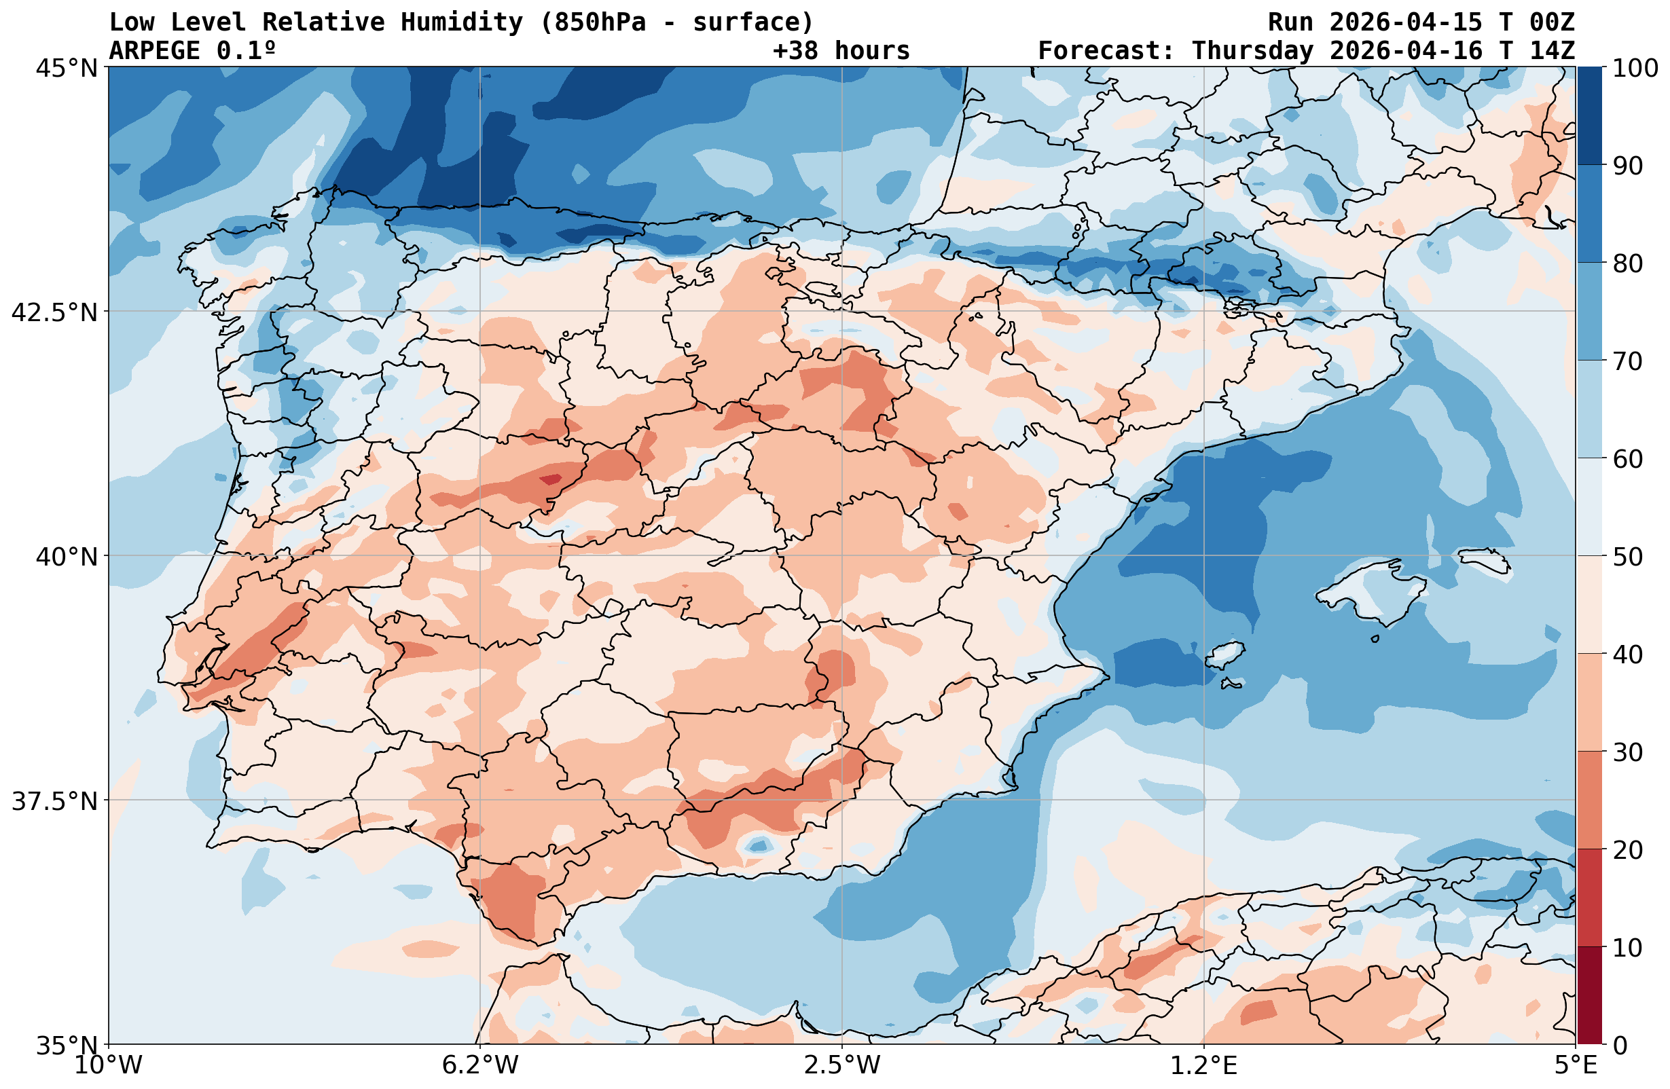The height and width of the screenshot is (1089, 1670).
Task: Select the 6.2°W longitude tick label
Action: tap(480, 1065)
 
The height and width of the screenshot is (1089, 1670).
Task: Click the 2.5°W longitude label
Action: tap(842, 1065)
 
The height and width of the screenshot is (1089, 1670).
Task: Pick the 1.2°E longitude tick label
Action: tap(1203, 1065)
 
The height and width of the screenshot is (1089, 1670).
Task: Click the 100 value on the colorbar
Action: tap(1635, 68)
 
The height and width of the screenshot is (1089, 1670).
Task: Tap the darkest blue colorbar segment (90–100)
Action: tap(1589, 116)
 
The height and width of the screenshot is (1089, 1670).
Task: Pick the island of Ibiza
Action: tap(1224, 655)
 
